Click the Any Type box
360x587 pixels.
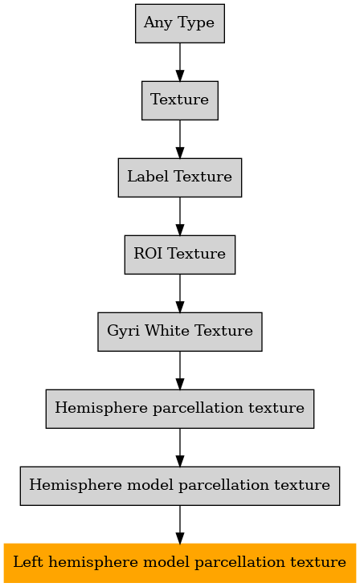click(180, 23)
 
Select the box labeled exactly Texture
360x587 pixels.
click(180, 100)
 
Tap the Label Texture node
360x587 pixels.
click(180, 177)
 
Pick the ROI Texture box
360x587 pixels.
click(180, 255)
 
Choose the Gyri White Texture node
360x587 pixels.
click(180, 332)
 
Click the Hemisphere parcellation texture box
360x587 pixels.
click(180, 409)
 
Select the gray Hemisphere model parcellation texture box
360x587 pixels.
click(180, 486)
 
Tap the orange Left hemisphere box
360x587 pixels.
click(180, 563)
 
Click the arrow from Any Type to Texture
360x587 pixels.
click(180, 62)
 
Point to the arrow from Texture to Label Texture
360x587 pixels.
click(180, 139)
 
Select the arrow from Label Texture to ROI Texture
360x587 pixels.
click(180, 216)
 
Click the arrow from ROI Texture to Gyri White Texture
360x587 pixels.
click(180, 294)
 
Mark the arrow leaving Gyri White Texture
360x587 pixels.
click(180, 371)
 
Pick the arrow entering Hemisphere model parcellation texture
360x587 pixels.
click(180, 448)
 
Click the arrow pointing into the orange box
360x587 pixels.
click(180, 525)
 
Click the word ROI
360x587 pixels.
click(148, 254)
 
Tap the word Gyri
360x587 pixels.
click(122, 332)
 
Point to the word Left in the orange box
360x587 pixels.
click(27, 562)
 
